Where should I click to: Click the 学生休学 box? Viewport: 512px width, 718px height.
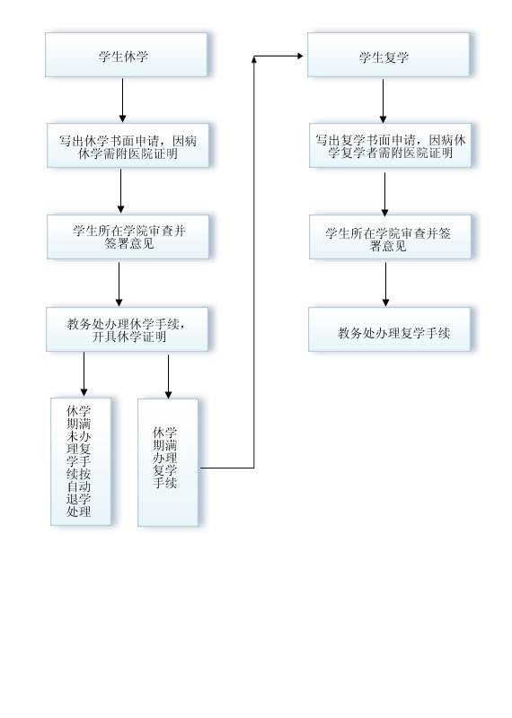click(126, 55)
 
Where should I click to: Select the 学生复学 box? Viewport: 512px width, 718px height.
click(388, 55)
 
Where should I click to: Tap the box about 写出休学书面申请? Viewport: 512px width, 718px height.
click(128, 145)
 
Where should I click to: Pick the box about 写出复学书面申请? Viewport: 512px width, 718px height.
click(390, 145)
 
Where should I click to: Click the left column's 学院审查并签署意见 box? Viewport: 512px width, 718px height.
click(128, 237)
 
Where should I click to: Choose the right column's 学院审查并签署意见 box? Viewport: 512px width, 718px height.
click(390, 237)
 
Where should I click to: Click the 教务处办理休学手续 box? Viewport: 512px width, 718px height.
click(127, 329)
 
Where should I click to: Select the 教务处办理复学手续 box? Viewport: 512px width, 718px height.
click(389, 329)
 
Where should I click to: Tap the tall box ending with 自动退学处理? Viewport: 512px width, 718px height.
click(81, 461)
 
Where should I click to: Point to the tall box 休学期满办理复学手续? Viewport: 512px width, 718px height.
click(168, 462)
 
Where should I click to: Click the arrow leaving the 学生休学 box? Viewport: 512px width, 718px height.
click(122, 101)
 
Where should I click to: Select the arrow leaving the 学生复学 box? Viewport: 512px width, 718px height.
click(384, 101)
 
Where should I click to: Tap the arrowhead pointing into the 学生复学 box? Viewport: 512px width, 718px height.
click(300, 56)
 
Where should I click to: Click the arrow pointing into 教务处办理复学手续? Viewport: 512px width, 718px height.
click(385, 284)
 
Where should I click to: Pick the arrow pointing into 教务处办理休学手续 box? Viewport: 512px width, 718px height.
click(119, 284)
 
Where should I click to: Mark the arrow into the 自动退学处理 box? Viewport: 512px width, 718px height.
click(84, 373)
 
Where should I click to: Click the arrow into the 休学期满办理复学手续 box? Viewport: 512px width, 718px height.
click(168, 376)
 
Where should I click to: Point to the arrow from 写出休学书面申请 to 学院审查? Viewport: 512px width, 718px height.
click(121, 191)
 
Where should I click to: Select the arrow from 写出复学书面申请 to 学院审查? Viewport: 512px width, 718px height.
click(385, 194)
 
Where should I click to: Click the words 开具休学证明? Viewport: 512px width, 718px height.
click(128, 337)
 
